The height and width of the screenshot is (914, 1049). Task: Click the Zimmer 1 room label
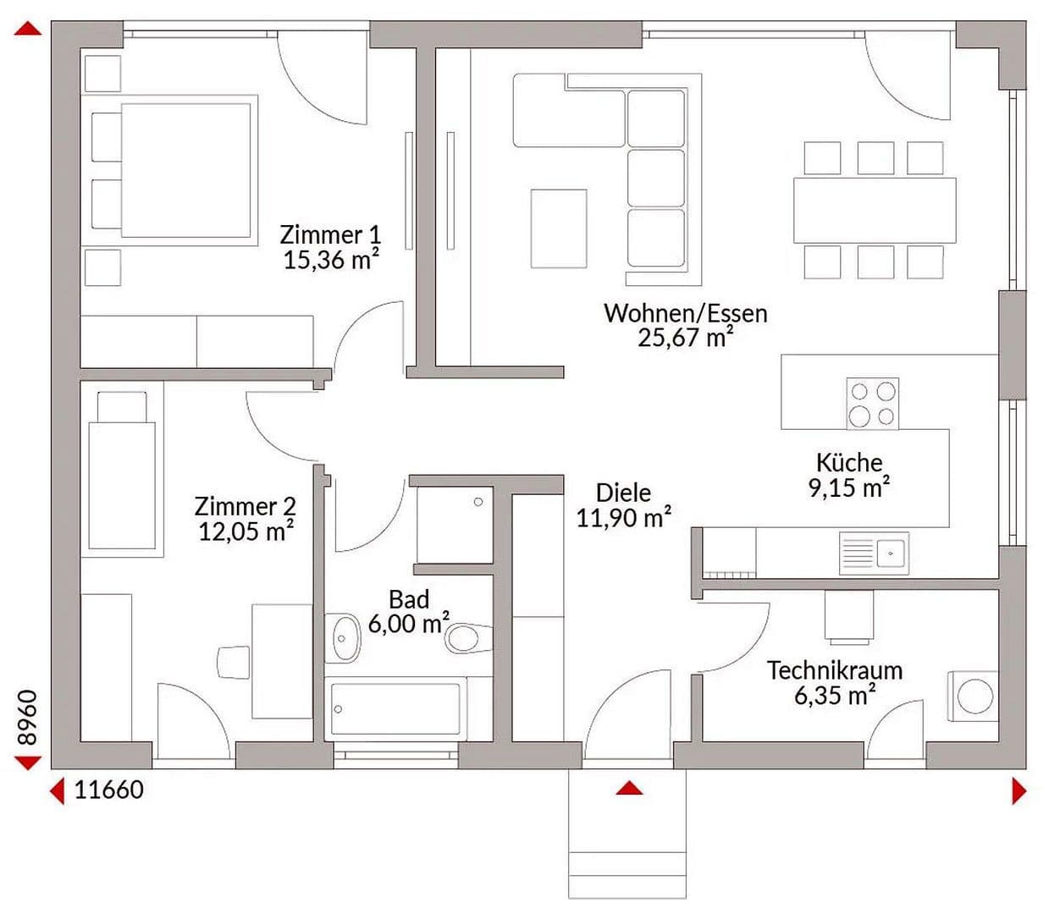(330, 234)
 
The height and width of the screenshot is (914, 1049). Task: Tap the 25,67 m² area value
(684, 339)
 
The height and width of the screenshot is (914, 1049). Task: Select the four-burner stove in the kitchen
(872, 404)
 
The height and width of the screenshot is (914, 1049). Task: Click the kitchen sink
(874, 553)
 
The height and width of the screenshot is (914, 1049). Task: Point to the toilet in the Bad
(467, 638)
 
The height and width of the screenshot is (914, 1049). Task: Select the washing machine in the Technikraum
(973, 697)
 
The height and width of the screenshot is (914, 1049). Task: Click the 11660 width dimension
(108, 790)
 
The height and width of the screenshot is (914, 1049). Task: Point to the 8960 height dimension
(28, 718)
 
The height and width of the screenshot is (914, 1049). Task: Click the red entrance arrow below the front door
(629, 789)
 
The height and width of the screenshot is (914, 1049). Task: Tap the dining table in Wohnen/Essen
(874, 210)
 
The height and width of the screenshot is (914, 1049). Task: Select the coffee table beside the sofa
(558, 228)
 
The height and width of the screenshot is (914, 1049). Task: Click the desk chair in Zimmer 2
(234, 662)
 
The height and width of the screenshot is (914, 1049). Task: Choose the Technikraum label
(834, 670)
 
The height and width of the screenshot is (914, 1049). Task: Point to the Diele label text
(623, 493)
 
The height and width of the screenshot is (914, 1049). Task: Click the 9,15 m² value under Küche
(847, 488)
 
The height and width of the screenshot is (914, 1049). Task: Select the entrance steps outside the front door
(627, 846)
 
